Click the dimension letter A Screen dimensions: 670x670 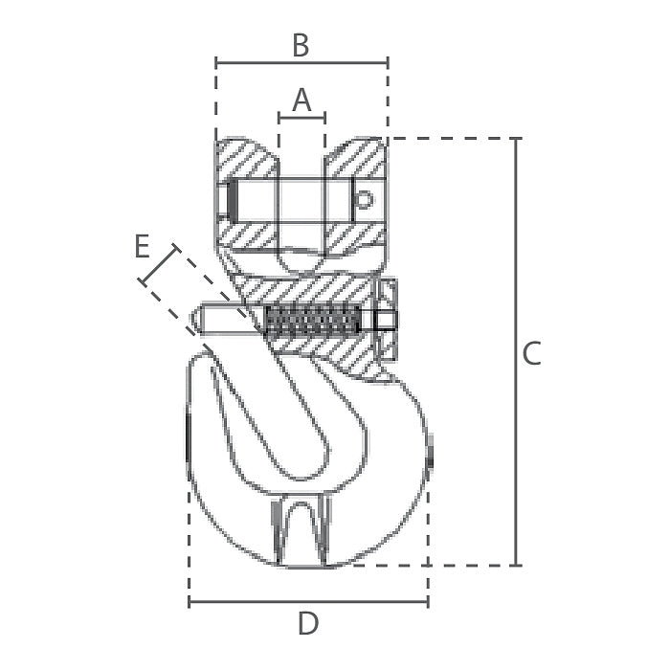click(x=301, y=100)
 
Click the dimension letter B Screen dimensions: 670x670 click(x=301, y=45)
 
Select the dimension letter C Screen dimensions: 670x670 click(x=532, y=353)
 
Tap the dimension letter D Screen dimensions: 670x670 click(x=308, y=623)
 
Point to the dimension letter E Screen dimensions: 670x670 click(x=142, y=246)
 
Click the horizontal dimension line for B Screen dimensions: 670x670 click(x=301, y=63)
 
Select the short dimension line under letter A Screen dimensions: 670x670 click(x=301, y=117)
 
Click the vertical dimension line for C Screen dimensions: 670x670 click(x=516, y=351)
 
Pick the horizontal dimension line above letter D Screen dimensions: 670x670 click(x=308, y=602)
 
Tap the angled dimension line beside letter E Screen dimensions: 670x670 click(x=159, y=265)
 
